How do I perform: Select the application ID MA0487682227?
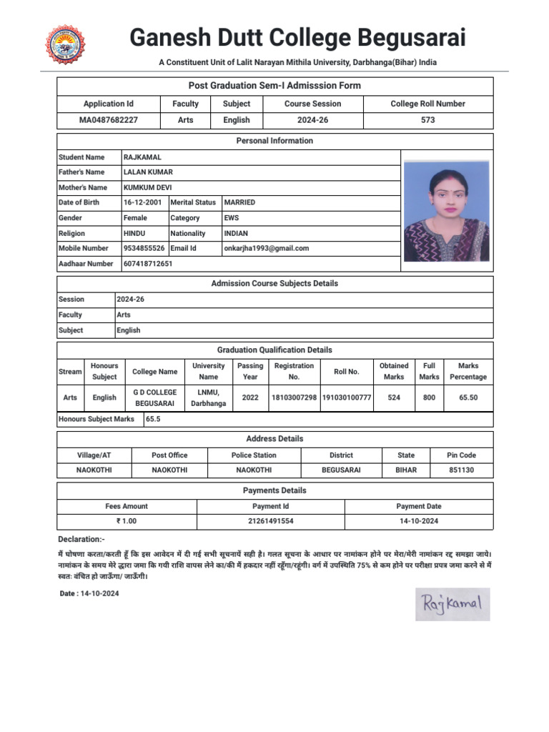tap(108, 120)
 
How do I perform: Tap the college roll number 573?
tap(427, 120)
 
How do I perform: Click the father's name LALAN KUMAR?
tap(148, 172)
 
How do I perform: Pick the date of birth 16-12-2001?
tap(142, 202)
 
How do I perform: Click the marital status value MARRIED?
tap(239, 202)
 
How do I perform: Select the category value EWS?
tap(232, 218)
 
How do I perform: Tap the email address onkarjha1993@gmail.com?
tap(266, 248)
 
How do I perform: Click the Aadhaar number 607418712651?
tap(148, 264)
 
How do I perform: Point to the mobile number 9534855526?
tap(144, 248)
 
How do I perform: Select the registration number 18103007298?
tap(294, 397)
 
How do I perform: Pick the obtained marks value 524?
tap(394, 397)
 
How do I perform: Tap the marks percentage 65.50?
tap(468, 397)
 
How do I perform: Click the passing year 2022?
tap(250, 397)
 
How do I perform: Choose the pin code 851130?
tap(461, 470)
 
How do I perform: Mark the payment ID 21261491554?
tap(271, 521)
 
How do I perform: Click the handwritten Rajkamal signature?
tap(452, 604)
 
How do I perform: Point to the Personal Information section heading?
tap(274, 141)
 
